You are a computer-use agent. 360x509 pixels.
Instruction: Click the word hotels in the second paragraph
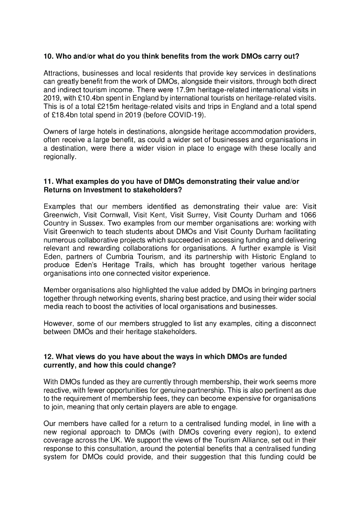(x=98, y=132)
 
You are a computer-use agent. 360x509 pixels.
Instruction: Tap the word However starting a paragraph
(x=58, y=324)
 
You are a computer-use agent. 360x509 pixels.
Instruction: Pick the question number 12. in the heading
(x=49, y=356)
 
